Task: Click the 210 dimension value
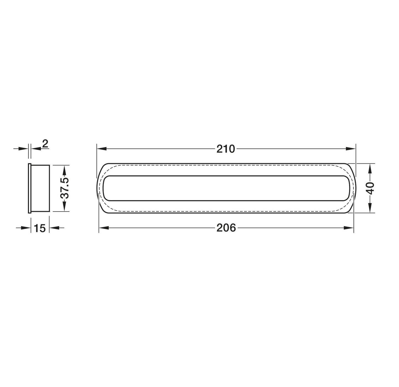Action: [x=225, y=149]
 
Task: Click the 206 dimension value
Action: [x=226, y=228]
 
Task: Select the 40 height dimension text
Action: [x=371, y=188]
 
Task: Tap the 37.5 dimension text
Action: [x=64, y=188]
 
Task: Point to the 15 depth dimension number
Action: [x=40, y=228]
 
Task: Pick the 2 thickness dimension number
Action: [x=45, y=143]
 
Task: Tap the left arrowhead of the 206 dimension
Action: [x=104, y=228]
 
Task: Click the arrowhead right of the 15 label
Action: [x=54, y=228]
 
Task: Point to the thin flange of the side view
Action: [x=29, y=188]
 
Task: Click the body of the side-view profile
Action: [x=40, y=188]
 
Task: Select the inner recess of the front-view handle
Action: [x=226, y=188]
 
